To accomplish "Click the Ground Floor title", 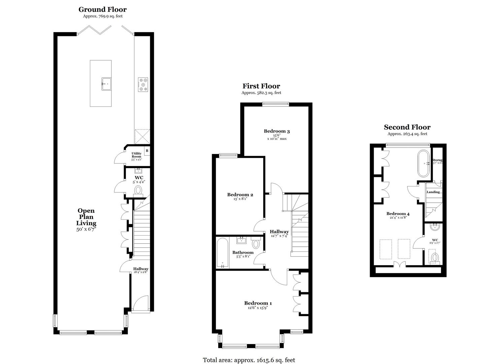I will tap(102, 9).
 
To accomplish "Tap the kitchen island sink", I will tap(107, 83).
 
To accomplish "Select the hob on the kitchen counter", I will tap(143, 84).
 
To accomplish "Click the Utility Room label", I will tap(136, 155).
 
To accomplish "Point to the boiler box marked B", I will tap(147, 151).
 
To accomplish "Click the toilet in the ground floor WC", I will tap(138, 190).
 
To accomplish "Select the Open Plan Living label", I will tap(86, 217).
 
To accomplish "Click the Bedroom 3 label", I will tap(277, 131).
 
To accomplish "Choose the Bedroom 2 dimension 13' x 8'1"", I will tap(240, 199).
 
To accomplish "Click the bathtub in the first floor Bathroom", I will tap(222, 253).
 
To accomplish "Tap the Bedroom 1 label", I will tap(258, 303).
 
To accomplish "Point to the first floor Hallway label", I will tap(279, 232).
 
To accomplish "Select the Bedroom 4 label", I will tap(398, 214).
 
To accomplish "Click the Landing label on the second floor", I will tap(433, 192).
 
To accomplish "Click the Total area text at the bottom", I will tap(249, 360).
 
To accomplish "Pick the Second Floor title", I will tap(407, 127).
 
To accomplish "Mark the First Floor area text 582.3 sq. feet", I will tap(261, 93).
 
